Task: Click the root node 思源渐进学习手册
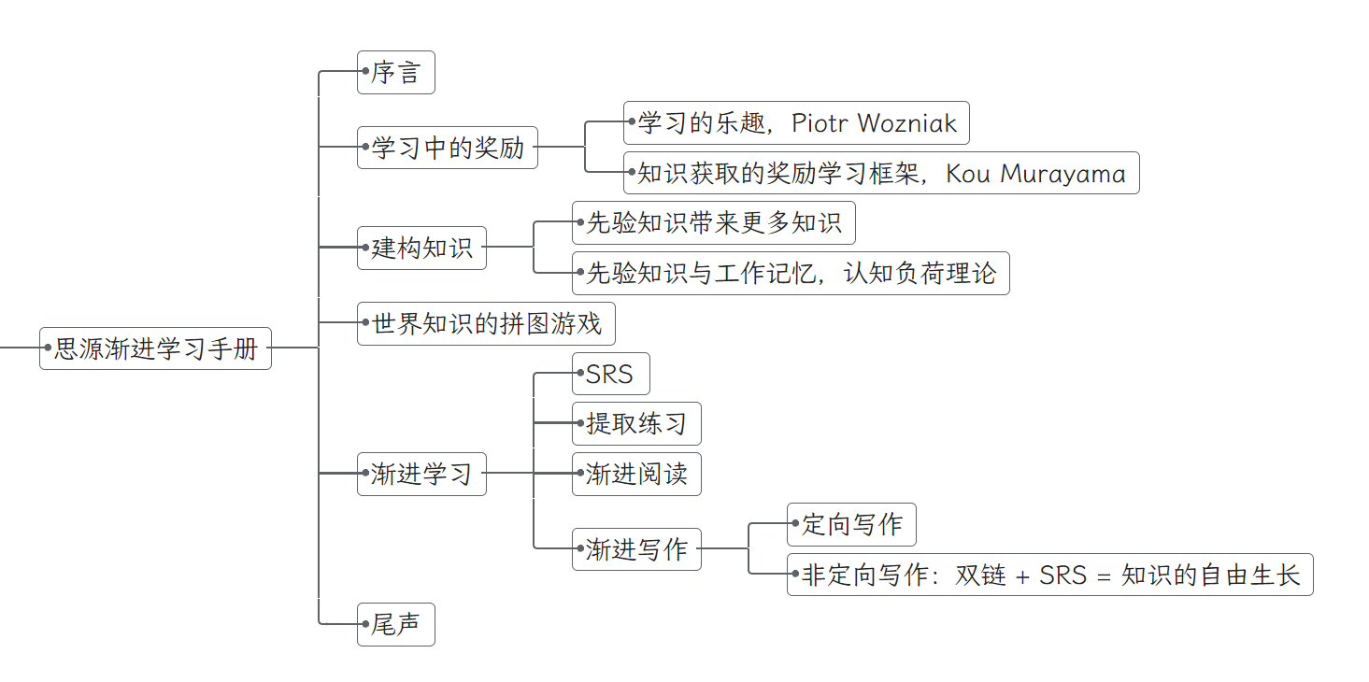pyautogui.click(x=156, y=348)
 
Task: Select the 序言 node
pyautogui.click(x=396, y=73)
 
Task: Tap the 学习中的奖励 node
pyautogui.click(x=448, y=148)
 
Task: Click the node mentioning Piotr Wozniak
pyautogui.click(x=796, y=123)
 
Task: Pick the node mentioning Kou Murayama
pyautogui.click(x=881, y=174)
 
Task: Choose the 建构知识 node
pyautogui.click(x=422, y=249)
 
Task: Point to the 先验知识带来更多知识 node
pyautogui.click(x=713, y=223)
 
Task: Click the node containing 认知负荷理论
pyautogui.click(x=791, y=274)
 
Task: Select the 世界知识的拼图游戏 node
pyautogui.click(x=487, y=324)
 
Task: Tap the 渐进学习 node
pyautogui.click(x=421, y=474)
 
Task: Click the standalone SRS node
pyautogui.click(x=610, y=375)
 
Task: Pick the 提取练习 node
pyautogui.click(x=636, y=424)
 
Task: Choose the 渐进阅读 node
pyautogui.click(x=636, y=475)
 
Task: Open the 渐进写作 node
pyautogui.click(x=636, y=549)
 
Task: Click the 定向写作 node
pyautogui.click(x=851, y=525)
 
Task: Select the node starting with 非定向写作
pyautogui.click(x=1050, y=575)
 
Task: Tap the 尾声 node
pyautogui.click(x=396, y=625)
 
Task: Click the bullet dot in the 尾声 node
pyautogui.click(x=366, y=625)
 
